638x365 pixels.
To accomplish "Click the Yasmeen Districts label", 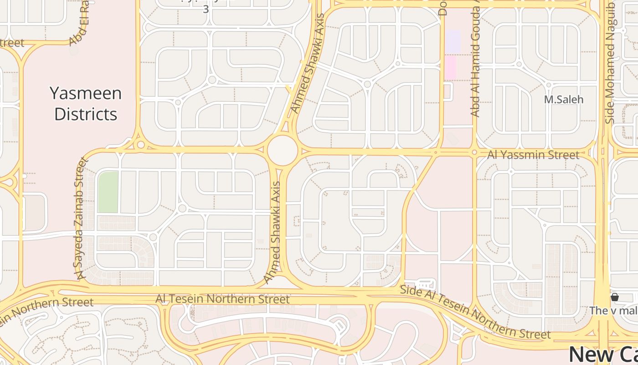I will pyautogui.click(x=86, y=104).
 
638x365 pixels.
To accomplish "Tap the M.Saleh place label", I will pyautogui.click(x=564, y=99).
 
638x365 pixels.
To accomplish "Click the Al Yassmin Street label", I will pyautogui.click(x=533, y=155).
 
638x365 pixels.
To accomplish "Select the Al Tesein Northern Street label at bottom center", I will pyautogui.click(x=222, y=299).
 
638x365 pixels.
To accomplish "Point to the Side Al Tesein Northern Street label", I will pyautogui.click(x=475, y=313).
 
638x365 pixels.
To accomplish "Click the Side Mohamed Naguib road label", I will pyautogui.click(x=610, y=64).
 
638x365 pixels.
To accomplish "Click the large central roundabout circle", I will pyautogui.click(x=283, y=150).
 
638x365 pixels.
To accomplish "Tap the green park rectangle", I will pyautogui.click(x=108, y=192).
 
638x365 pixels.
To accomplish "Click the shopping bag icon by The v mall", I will pyautogui.click(x=614, y=297).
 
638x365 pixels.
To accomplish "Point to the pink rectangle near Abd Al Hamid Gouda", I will pyautogui.click(x=450, y=67).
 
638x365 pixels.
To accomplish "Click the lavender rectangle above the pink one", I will pyautogui.click(x=453, y=41).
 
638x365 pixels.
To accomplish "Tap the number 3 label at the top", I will pyautogui.click(x=206, y=9).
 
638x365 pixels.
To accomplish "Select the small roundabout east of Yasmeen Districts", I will pyautogui.click(x=141, y=145).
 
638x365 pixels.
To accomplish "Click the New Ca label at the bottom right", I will pyautogui.click(x=603, y=355).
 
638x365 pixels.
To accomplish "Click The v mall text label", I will pyautogui.click(x=613, y=311).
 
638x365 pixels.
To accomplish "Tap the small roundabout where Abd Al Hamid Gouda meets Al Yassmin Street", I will pyautogui.click(x=474, y=152).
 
